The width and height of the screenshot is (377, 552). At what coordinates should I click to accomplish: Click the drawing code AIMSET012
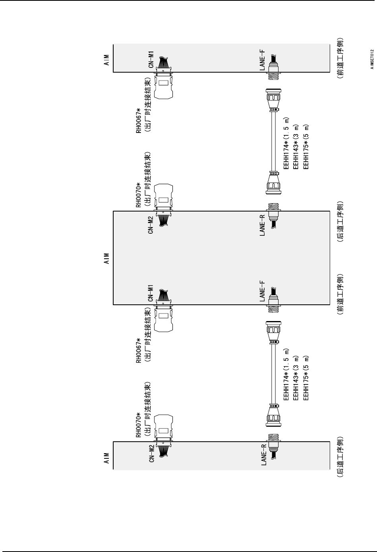pyautogui.click(x=372, y=60)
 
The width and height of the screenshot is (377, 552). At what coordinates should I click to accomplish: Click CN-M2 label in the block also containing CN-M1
pyautogui.click(x=151, y=225)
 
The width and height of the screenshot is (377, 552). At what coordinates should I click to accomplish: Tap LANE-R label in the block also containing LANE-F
pyautogui.click(x=262, y=225)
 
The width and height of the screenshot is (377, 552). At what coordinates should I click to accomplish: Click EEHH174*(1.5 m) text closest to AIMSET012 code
pyautogui.click(x=286, y=143)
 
